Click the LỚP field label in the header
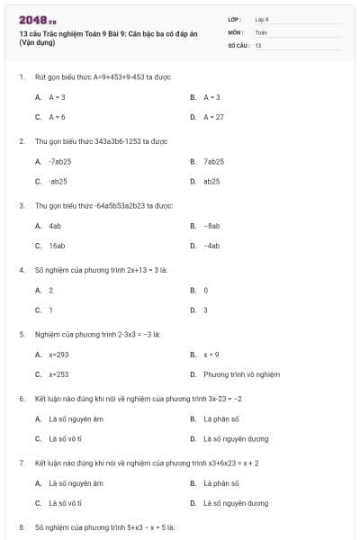coord(236,18)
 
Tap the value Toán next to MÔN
coord(261,31)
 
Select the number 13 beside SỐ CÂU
coord(258,45)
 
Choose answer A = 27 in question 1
coord(213,117)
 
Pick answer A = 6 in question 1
coord(57,117)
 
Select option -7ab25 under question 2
coord(59,162)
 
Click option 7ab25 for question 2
coord(213,162)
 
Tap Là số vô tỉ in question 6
coord(65,439)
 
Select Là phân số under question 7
coord(220,483)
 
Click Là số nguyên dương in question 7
coord(236,503)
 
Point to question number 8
coord(22,526)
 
